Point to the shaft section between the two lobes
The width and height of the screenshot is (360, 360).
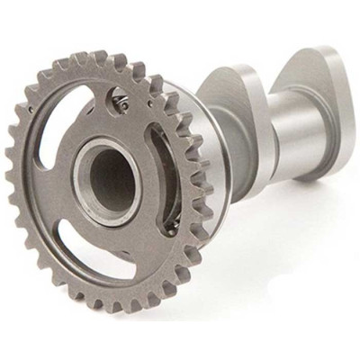270,126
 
